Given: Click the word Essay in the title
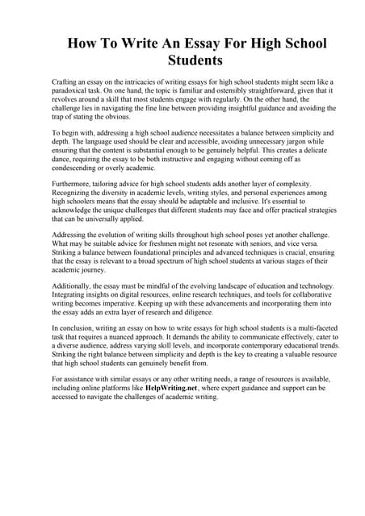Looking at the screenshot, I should (190, 44).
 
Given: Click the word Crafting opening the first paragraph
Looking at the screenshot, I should (66, 83).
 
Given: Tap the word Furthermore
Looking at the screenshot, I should (74, 185).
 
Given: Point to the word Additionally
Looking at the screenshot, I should (75, 286).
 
